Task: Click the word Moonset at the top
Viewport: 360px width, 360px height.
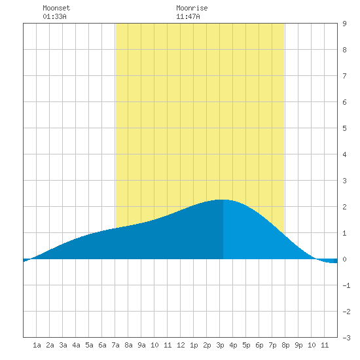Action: tap(56, 8)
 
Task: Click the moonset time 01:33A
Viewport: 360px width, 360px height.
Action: tap(54, 16)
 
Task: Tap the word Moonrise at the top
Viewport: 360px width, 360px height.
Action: tap(192, 8)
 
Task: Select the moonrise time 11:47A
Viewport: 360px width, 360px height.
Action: tap(188, 16)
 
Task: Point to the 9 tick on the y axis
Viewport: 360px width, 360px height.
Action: tap(344, 24)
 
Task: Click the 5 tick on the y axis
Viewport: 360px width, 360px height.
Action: tap(344, 128)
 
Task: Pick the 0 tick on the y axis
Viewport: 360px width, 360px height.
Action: tap(344, 259)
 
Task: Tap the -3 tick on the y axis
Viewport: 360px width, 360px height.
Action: tap(346, 338)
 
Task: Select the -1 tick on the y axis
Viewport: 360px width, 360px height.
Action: tap(346, 285)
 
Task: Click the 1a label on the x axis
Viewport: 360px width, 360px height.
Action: tap(37, 345)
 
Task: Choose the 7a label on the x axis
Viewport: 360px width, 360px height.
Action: tap(115, 345)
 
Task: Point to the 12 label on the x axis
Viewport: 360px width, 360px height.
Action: tap(181, 345)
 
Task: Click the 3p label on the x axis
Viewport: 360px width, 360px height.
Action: tap(220, 345)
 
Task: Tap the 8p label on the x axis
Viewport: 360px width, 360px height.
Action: tap(285, 345)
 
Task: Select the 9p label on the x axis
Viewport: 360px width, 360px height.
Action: tap(298, 345)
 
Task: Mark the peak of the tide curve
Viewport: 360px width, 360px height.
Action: tap(223, 200)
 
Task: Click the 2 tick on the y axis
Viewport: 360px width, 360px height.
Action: tap(344, 207)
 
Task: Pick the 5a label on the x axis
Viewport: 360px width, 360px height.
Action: tap(89, 345)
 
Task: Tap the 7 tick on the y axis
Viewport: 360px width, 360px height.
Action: tap(344, 76)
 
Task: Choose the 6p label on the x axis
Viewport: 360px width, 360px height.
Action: tap(259, 345)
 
